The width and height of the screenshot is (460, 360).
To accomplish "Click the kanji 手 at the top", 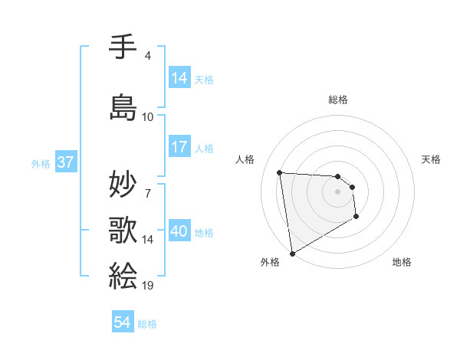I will tap(123, 47).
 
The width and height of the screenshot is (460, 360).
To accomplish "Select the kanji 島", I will tap(123, 107).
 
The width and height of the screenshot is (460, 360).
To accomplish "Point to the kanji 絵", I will tap(123, 273).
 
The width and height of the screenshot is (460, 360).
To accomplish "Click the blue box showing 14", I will tap(179, 78).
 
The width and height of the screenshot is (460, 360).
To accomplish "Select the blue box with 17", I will tap(179, 148).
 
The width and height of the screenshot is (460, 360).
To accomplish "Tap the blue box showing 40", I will tap(179, 232).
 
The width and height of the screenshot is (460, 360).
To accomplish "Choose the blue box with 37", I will tap(65, 162).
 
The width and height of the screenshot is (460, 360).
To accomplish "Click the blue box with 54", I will tap(123, 322).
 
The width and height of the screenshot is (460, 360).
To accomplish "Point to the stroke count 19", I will tap(148, 285).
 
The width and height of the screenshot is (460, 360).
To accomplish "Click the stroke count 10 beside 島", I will tap(148, 117).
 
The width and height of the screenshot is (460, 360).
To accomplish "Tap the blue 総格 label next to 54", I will tap(147, 324).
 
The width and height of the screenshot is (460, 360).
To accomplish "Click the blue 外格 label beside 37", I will tap(40, 163).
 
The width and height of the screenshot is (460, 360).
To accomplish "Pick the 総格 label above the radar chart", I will tap(338, 100).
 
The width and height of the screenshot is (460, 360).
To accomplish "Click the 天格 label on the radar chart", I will tap(431, 159).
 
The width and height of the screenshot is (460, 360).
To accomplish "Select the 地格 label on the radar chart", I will tap(402, 262).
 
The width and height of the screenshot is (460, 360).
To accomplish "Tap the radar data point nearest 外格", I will tap(291, 253).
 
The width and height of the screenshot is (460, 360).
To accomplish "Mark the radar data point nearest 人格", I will tap(280, 172).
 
